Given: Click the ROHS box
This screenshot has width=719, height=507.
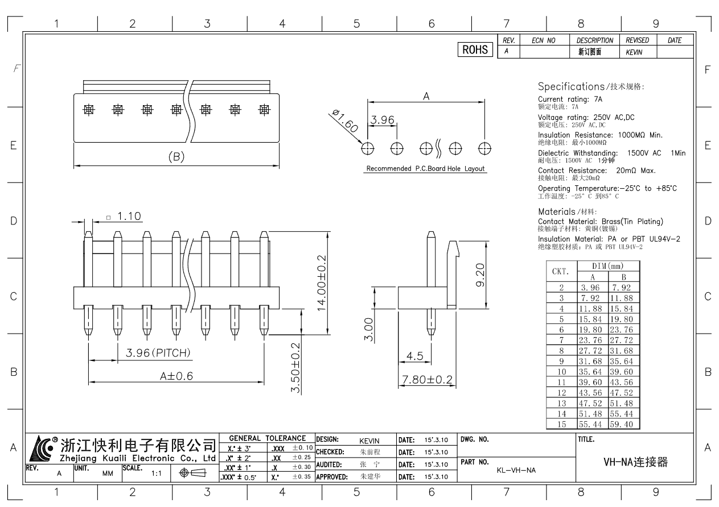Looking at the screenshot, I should (475, 50).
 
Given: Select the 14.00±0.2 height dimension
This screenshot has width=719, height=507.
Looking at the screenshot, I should (322, 283).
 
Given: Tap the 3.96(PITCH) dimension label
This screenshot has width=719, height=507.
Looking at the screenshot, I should (158, 353).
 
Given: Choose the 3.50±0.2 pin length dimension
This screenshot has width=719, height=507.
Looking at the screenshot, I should (295, 367).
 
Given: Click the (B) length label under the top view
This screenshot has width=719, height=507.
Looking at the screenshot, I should (176, 157).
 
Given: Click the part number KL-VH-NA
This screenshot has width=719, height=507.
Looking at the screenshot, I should (516, 470).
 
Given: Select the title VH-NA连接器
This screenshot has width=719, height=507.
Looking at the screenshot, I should (635, 463).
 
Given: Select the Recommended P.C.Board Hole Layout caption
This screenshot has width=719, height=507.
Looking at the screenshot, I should (425, 169).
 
